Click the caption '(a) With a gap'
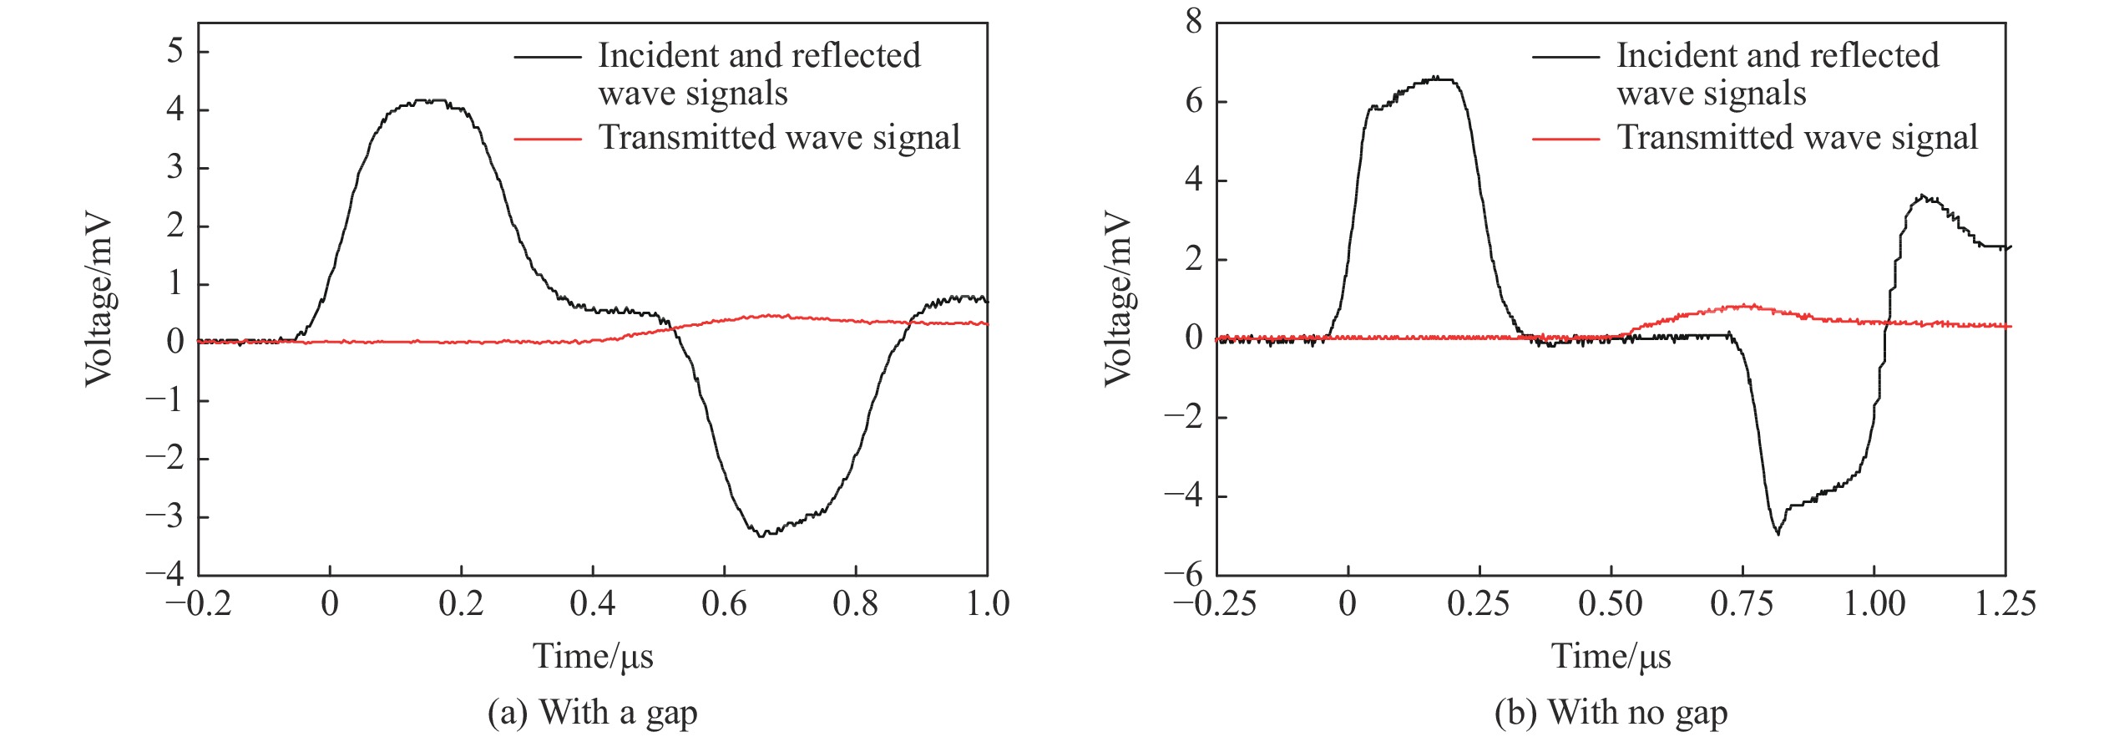592,713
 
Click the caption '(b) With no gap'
1611,713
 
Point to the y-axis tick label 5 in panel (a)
174,51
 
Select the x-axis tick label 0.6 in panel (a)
724,603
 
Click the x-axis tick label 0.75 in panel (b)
1742,603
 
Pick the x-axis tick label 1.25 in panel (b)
2005,603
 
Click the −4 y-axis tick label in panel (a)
164,574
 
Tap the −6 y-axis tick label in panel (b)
1184,574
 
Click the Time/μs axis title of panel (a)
593,657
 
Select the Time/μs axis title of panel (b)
1611,657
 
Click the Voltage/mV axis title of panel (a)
99,301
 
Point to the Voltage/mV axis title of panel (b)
1117,301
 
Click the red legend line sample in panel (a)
547,139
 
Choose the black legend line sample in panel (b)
1565,57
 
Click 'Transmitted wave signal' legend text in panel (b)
1798,138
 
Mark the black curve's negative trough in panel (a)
761,536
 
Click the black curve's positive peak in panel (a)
427,101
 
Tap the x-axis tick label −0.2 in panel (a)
199,603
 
